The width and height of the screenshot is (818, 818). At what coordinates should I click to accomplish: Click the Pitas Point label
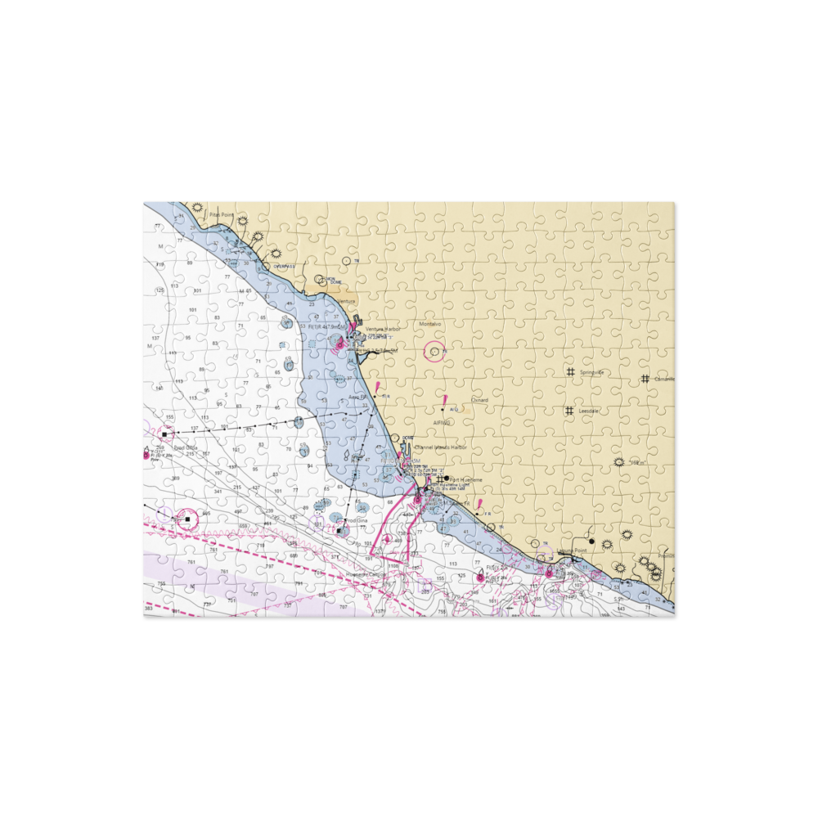pyautogui.click(x=221, y=215)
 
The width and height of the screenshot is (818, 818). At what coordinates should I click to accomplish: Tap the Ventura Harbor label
pyautogui.click(x=383, y=329)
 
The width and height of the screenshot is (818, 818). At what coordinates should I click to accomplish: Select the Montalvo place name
pyautogui.click(x=430, y=324)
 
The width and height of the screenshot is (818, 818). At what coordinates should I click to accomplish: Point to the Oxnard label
pyautogui.click(x=479, y=400)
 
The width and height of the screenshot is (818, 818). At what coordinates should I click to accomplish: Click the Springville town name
pyautogui.click(x=591, y=372)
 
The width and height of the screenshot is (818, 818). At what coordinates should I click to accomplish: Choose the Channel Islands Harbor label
pyautogui.click(x=441, y=447)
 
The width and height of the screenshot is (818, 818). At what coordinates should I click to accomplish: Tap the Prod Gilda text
pyautogui.click(x=186, y=447)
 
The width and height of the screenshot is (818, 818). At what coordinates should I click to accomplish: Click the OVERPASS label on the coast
pyautogui.click(x=284, y=266)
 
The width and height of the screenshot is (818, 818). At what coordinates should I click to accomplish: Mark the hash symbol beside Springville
pyautogui.click(x=570, y=372)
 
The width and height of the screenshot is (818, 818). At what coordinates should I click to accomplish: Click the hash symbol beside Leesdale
pyautogui.click(x=569, y=411)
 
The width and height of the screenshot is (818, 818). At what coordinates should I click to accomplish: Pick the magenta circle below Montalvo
pyautogui.click(x=434, y=353)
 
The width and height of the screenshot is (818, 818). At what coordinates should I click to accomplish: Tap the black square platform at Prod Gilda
pyautogui.click(x=164, y=434)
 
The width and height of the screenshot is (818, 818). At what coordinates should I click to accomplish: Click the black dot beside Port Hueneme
pyautogui.click(x=447, y=479)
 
